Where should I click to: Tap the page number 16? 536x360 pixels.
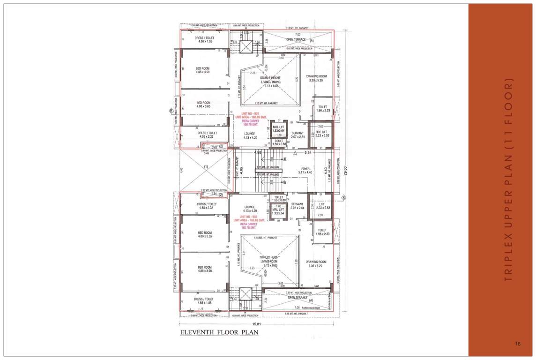[x=518, y=345]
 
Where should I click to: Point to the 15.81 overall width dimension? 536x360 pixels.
[x=257, y=324]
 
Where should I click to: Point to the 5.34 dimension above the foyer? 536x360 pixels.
[x=308, y=152]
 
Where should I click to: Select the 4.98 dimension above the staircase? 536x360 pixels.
[x=258, y=152]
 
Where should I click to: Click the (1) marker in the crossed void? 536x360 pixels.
[x=205, y=166]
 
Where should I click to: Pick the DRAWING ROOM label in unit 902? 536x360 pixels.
[x=316, y=264]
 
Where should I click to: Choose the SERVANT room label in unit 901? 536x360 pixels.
[x=298, y=135]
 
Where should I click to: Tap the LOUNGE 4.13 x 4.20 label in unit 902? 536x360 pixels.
[x=249, y=209]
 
